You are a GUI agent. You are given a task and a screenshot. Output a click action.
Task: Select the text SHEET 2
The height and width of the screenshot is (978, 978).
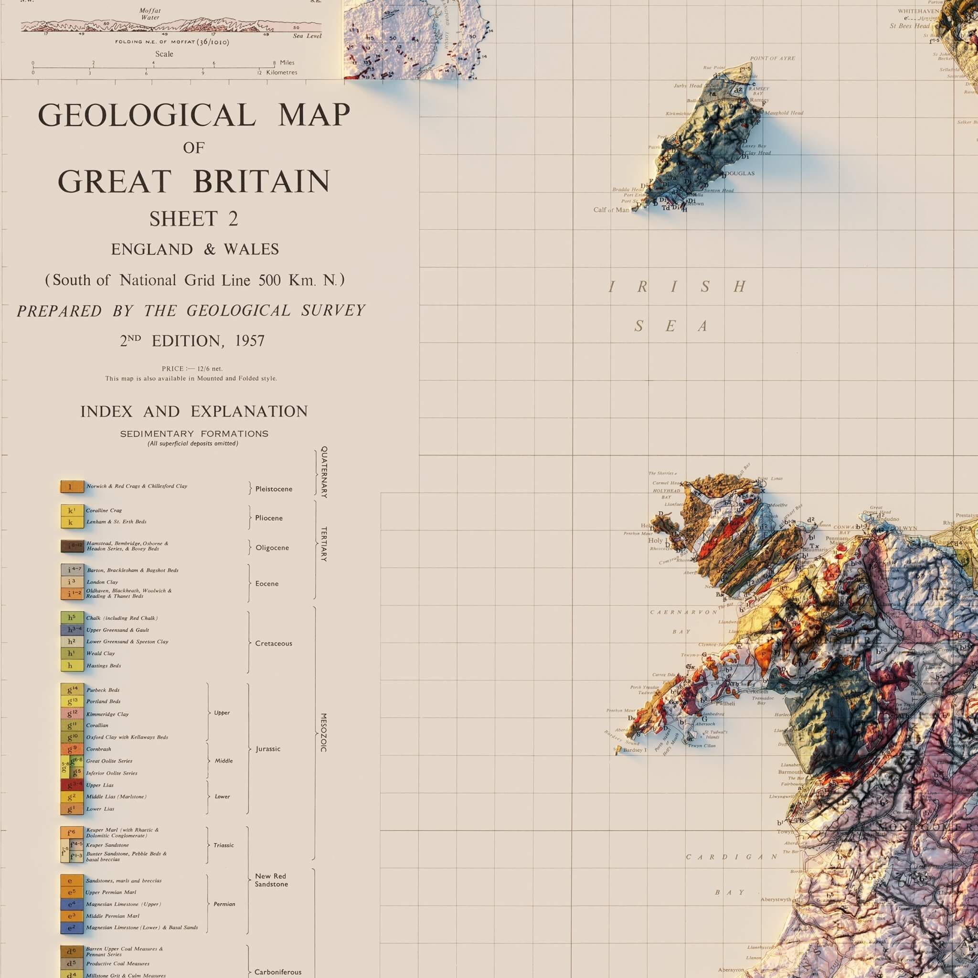coord(193,219)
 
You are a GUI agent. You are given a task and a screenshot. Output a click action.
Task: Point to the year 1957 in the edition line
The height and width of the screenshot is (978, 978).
coord(250,341)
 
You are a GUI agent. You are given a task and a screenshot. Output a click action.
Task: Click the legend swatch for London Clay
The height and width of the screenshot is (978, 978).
coord(72,582)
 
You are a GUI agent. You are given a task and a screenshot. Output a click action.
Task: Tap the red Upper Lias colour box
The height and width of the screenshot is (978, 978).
coord(72,785)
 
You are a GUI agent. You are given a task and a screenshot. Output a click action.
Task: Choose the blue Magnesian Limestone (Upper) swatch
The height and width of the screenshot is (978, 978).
coord(72,904)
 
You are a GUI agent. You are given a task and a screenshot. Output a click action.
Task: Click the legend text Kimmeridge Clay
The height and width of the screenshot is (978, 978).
coord(107,714)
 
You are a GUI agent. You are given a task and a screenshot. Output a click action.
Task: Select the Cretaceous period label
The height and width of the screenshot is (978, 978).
coord(273,643)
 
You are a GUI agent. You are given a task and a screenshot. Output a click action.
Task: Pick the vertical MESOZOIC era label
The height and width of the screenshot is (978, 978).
coord(324,733)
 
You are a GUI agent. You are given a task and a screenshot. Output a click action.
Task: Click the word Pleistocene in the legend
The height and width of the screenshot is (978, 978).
coord(273,489)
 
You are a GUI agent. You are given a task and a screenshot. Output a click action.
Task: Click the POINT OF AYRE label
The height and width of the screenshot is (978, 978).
coord(773,58)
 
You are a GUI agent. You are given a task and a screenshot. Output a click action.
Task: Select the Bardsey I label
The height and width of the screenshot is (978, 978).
coord(635,750)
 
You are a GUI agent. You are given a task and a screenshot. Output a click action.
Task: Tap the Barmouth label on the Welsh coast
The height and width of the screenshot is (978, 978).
coord(790,772)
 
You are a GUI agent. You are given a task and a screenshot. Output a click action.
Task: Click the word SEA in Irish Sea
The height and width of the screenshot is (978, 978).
coord(670,327)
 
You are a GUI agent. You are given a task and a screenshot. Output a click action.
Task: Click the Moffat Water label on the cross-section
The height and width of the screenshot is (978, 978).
coord(150,14)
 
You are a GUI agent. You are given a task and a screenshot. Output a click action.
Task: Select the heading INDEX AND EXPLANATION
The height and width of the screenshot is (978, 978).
coord(194,412)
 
